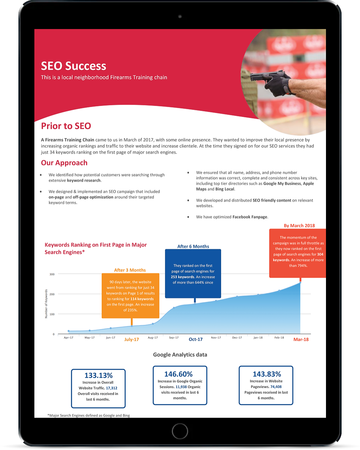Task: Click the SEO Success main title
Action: [73, 66]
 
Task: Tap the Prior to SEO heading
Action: [66, 126]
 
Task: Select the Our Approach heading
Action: [64, 163]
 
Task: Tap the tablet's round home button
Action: [180, 431]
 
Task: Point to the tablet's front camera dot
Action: [180, 16]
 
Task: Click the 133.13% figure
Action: [99, 375]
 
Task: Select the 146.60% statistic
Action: [178, 374]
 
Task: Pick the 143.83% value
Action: [267, 374]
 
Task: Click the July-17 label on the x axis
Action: [131, 340]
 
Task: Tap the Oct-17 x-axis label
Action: [196, 340]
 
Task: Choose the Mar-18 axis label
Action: [301, 340]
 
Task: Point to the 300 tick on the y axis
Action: [52, 274]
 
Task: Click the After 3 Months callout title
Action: [130, 270]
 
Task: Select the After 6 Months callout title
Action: [193, 246]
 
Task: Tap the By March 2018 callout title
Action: [299, 226]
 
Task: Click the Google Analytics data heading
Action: [180, 354]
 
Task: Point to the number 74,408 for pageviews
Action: [276, 387]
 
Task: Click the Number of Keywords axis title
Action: [46, 304]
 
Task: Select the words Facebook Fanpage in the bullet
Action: [250, 217]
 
